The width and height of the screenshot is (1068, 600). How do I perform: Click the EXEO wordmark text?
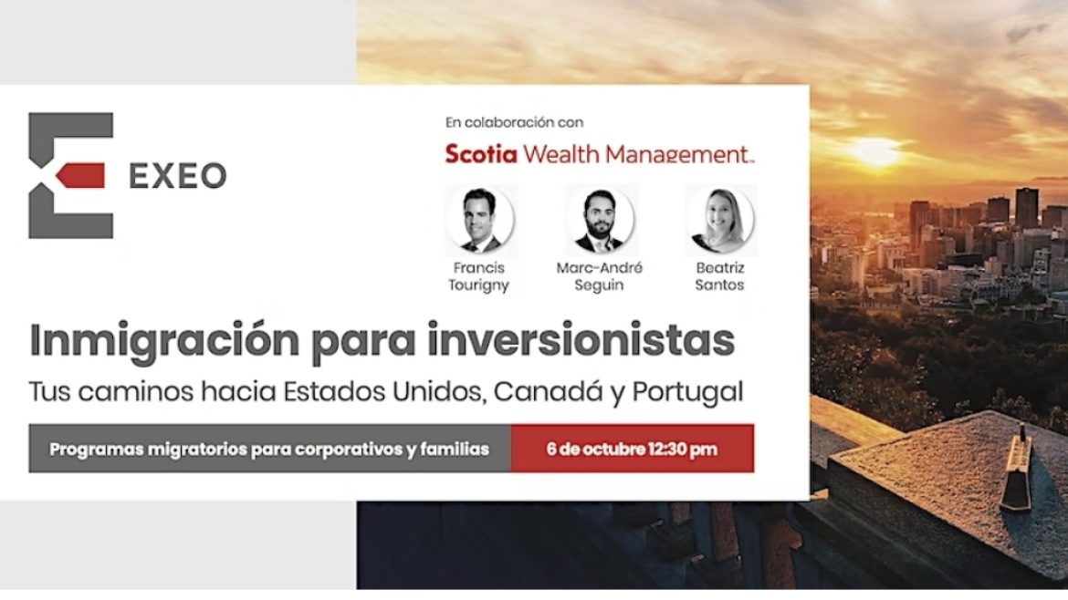178,175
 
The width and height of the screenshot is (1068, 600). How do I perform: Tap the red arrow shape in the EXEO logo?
80,175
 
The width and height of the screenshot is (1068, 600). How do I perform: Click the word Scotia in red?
481,154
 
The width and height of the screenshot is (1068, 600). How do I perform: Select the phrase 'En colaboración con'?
514,122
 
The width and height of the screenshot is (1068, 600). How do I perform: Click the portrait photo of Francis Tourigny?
479,220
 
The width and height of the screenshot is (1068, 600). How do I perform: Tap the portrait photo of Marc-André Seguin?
600,220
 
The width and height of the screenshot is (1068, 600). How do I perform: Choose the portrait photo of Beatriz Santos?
720,220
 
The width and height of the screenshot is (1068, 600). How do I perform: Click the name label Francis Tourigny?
479,276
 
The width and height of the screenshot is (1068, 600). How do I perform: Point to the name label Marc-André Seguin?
600,276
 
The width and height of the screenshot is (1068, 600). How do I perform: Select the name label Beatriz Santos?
720,276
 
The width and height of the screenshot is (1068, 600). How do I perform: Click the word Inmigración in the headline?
164,340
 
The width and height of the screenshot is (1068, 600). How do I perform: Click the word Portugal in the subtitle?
687,392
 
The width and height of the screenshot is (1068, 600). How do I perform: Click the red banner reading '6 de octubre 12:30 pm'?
632,449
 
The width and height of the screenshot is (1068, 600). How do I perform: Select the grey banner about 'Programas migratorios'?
269,449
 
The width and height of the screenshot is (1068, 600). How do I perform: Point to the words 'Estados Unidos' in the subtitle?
384,391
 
